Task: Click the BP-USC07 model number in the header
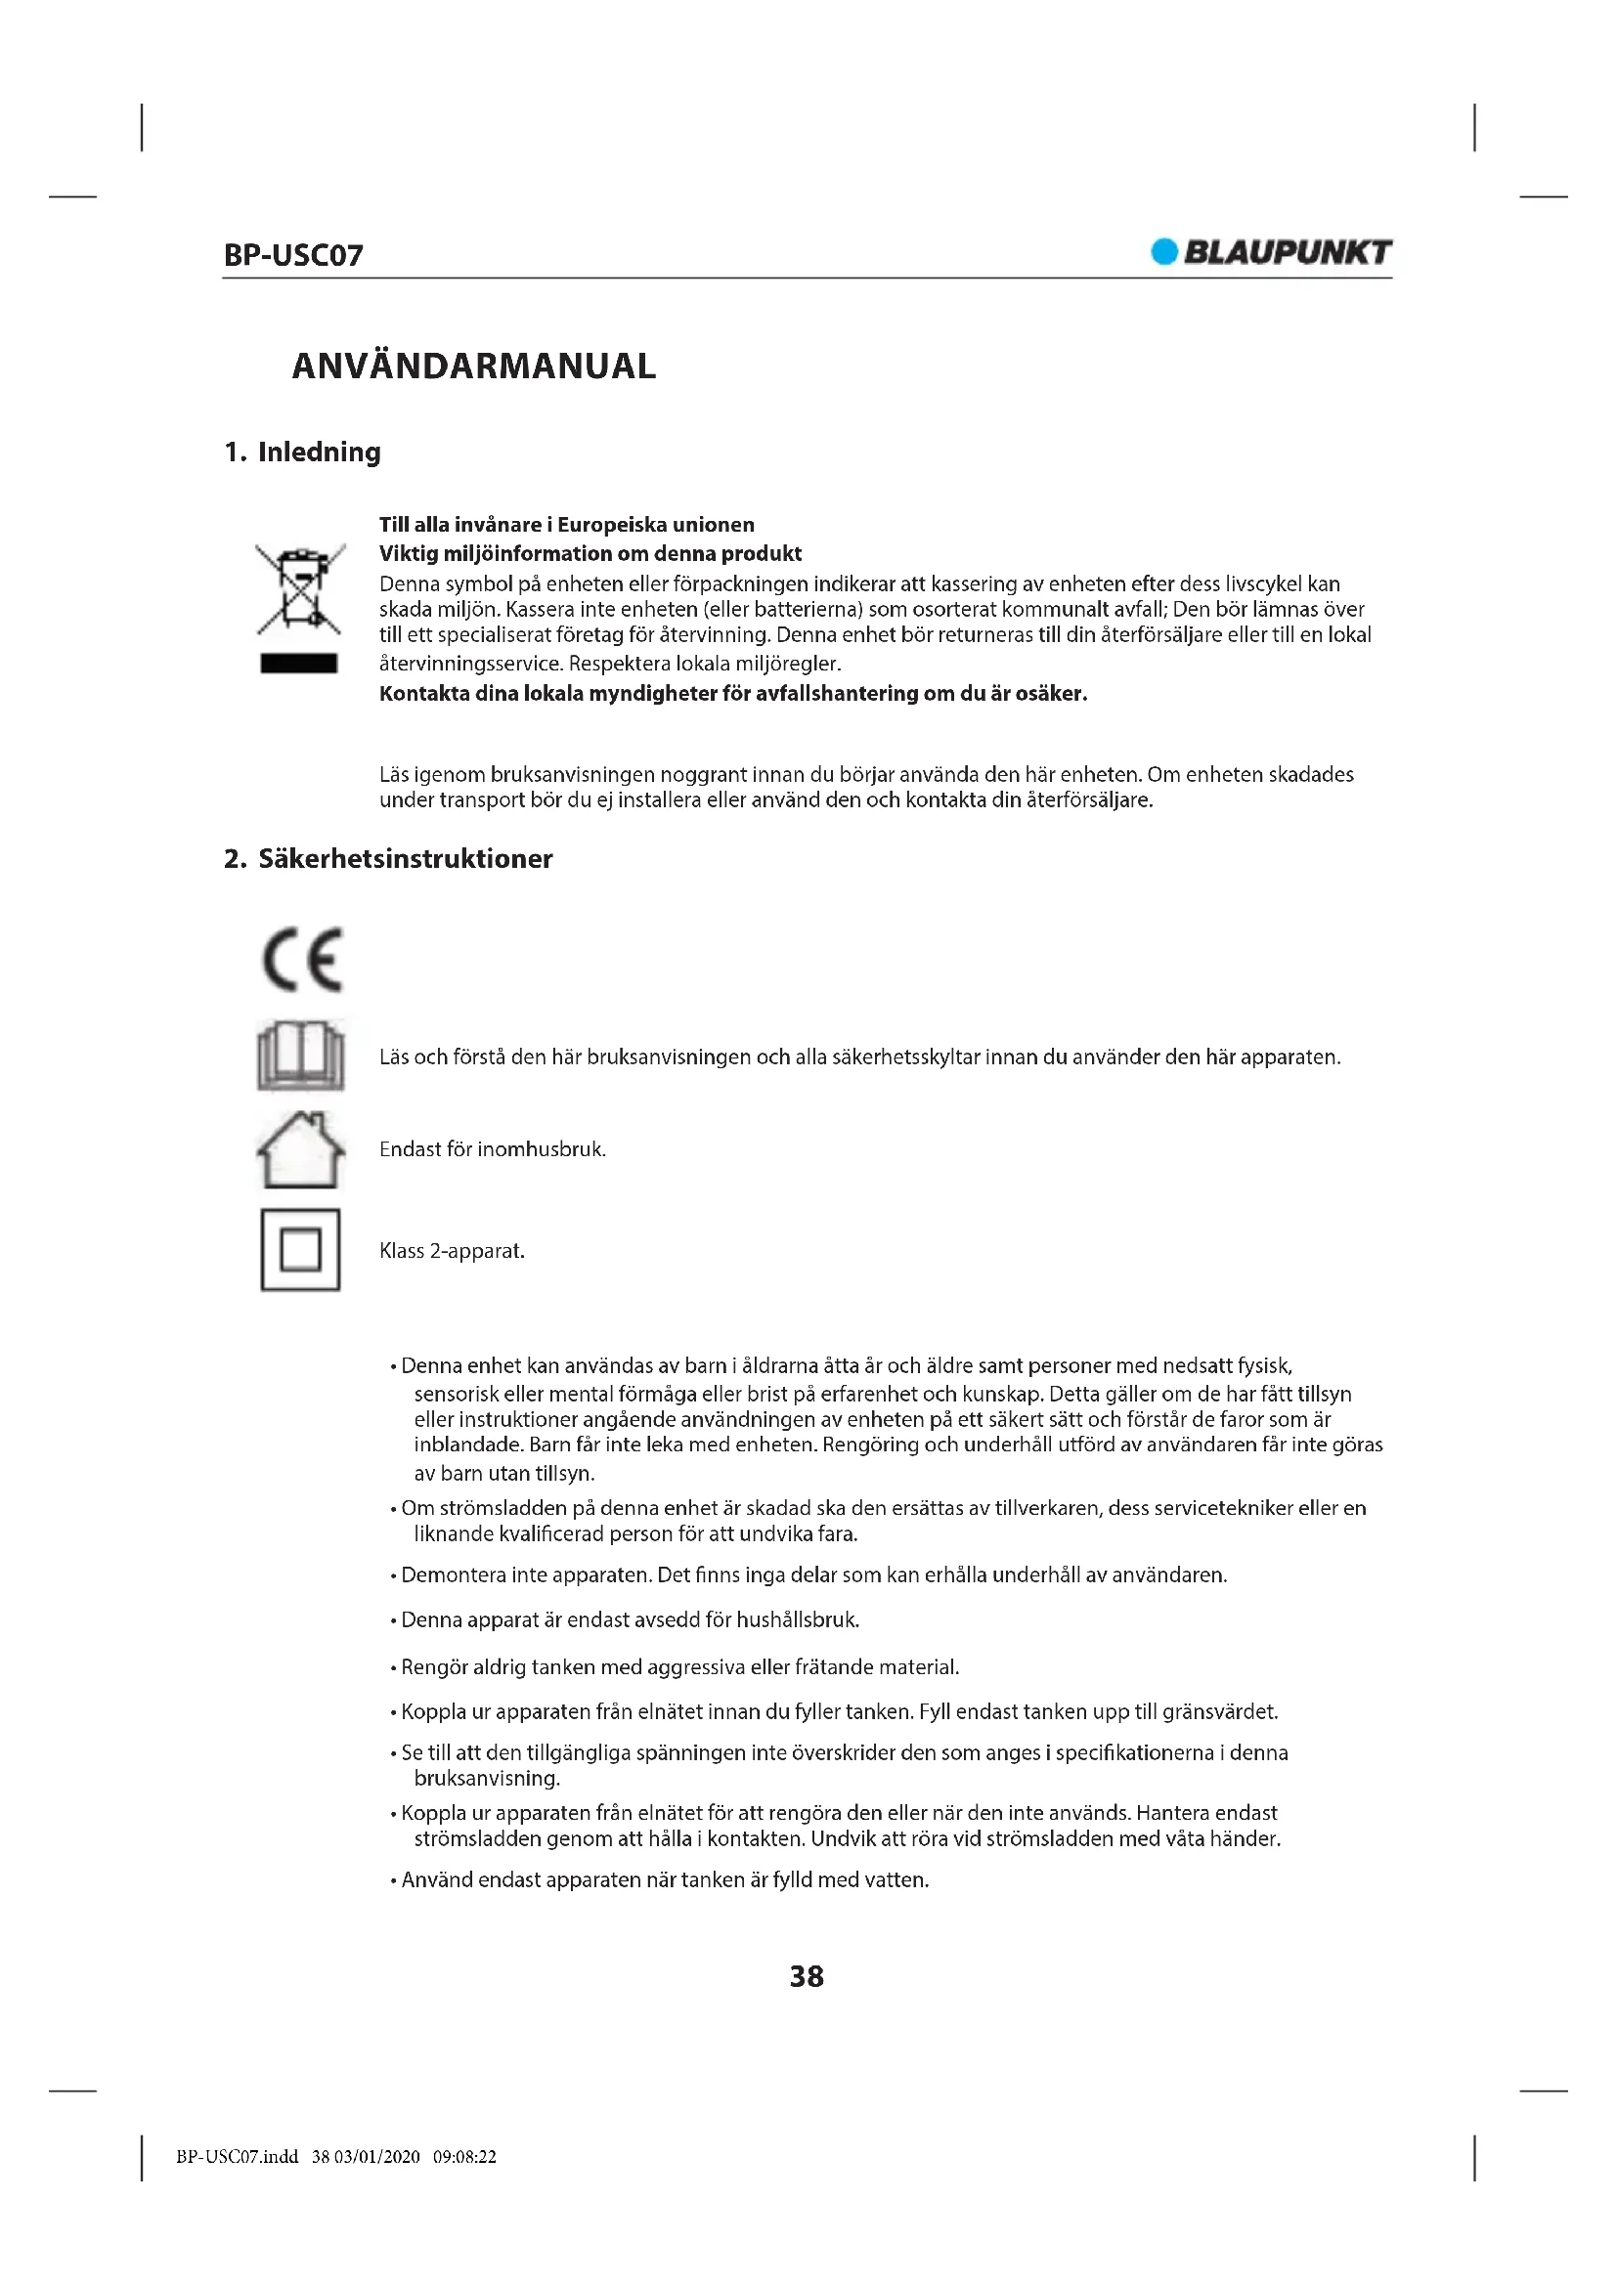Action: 292,255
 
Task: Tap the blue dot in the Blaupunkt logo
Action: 1163,252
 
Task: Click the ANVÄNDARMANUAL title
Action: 474,367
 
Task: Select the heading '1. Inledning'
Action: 303,453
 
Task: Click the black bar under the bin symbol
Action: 299,663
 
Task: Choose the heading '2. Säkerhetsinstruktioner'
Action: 388,859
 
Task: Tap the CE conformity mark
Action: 302,960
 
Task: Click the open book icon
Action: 301,1056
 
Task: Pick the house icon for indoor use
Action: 301,1150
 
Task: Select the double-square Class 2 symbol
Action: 301,1251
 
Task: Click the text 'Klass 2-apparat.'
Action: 452,1252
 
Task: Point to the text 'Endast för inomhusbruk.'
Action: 493,1150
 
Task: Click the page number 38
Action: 807,1976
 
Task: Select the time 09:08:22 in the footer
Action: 465,2158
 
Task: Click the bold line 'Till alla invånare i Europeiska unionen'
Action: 567,525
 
